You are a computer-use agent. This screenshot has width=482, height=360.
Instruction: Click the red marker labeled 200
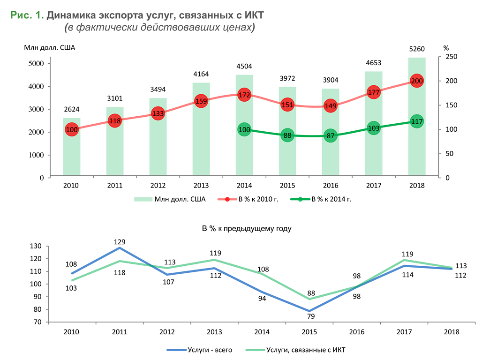click(x=417, y=81)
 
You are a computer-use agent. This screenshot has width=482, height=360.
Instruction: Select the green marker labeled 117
click(x=417, y=121)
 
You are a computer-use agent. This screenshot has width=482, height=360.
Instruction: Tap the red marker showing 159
click(x=201, y=101)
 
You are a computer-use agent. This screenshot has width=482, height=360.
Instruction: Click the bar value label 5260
click(x=417, y=49)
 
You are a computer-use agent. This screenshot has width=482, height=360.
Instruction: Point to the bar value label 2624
click(x=72, y=110)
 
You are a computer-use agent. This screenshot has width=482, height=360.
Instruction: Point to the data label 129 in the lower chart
click(x=120, y=242)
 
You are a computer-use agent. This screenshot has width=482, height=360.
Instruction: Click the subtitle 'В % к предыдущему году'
click(x=247, y=229)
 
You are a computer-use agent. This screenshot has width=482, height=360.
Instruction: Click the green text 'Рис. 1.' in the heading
click(x=27, y=15)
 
